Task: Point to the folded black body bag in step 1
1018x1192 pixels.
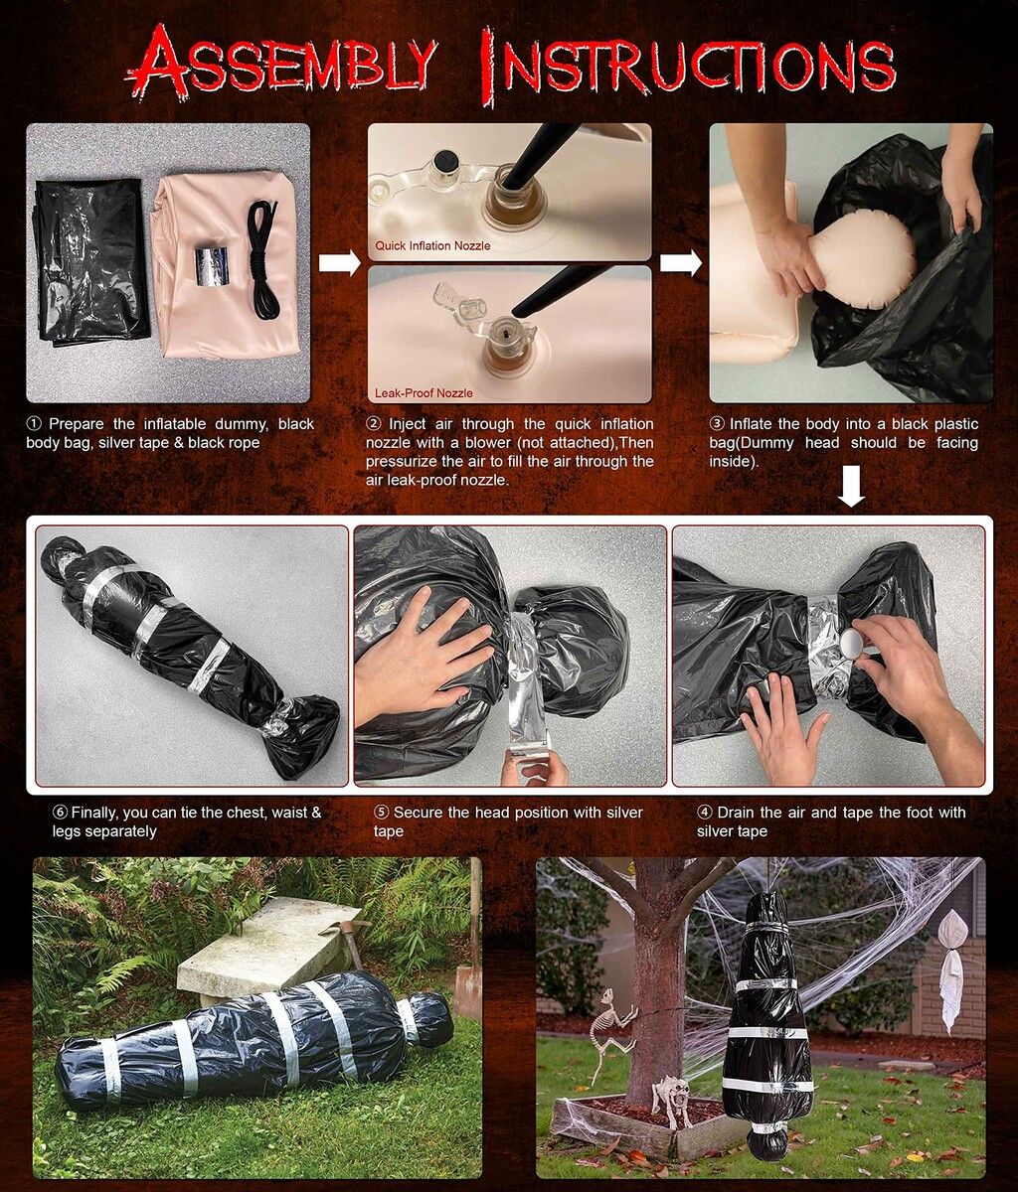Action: (89, 260)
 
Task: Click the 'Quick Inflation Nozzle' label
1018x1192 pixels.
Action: (432, 245)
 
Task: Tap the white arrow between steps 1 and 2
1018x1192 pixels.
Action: (339, 262)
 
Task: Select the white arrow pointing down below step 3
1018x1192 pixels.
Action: (851, 488)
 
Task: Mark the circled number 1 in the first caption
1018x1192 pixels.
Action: (34, 424)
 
